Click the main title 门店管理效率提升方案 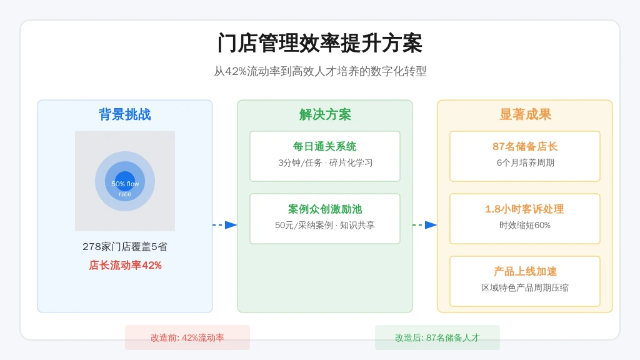[x=320, y=43]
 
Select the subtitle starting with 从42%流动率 [x=320, y=71]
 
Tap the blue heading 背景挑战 [x=125, y=114]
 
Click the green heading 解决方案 [x=325, y=114]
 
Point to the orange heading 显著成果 [x=525, y=114]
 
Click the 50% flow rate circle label [x=125, y=189]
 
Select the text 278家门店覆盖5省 [x=125, y=246]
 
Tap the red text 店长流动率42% [x=125, y=265]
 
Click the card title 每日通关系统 [x=325, y=146]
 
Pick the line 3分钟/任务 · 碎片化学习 [x=325, y=163]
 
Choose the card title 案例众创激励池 [x=325, y=209]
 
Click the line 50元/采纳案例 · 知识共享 [x=325, y=225]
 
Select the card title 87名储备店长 [x=525, y=146]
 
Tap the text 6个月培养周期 [x=525, y=163]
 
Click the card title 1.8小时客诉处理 [x=525, y=209]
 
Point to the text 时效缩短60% [x=525, y=225]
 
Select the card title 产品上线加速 [x=525, y=271]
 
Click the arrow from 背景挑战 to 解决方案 [x=225, y=225]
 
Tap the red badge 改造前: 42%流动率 [x=187, y=337]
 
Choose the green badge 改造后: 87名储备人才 [x=437, y=337]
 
